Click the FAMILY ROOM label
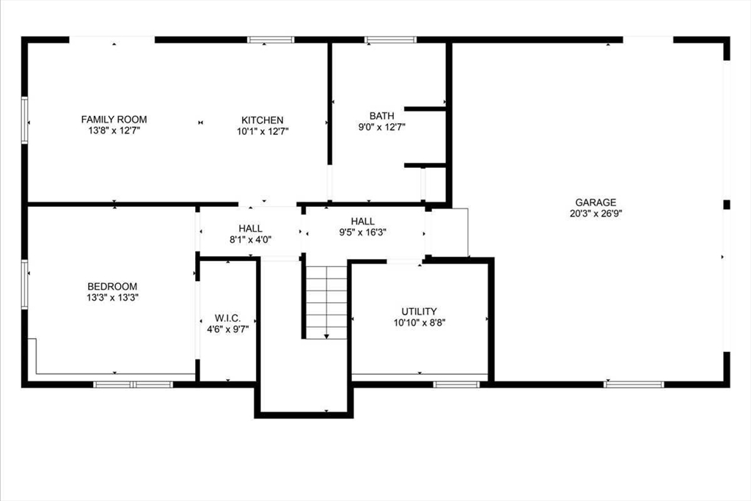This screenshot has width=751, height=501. click(114, 120)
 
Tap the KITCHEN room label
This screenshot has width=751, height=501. click(263, 120)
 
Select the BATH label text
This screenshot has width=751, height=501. click(381, 116)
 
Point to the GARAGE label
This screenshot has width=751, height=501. click(596, 202)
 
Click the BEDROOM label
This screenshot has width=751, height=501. click(112, 286)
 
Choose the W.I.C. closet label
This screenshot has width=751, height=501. click(227, 318)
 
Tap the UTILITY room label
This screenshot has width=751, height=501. click(419, 311)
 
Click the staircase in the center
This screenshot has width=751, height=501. click(326, 301)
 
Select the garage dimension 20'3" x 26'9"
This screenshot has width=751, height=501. click(596, 214)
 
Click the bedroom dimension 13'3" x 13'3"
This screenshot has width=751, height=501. click(112, 298)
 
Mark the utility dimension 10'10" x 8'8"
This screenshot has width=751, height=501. click(419, 323)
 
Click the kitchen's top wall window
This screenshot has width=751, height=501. click(271, 40)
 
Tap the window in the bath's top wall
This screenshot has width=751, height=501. click(390, 40)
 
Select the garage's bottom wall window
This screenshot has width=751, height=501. click(634, 384)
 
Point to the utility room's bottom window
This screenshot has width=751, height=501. click(456, 384)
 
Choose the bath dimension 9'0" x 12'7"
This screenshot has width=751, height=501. click(381, 127)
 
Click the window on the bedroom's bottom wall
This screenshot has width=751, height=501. click(133, 384)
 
